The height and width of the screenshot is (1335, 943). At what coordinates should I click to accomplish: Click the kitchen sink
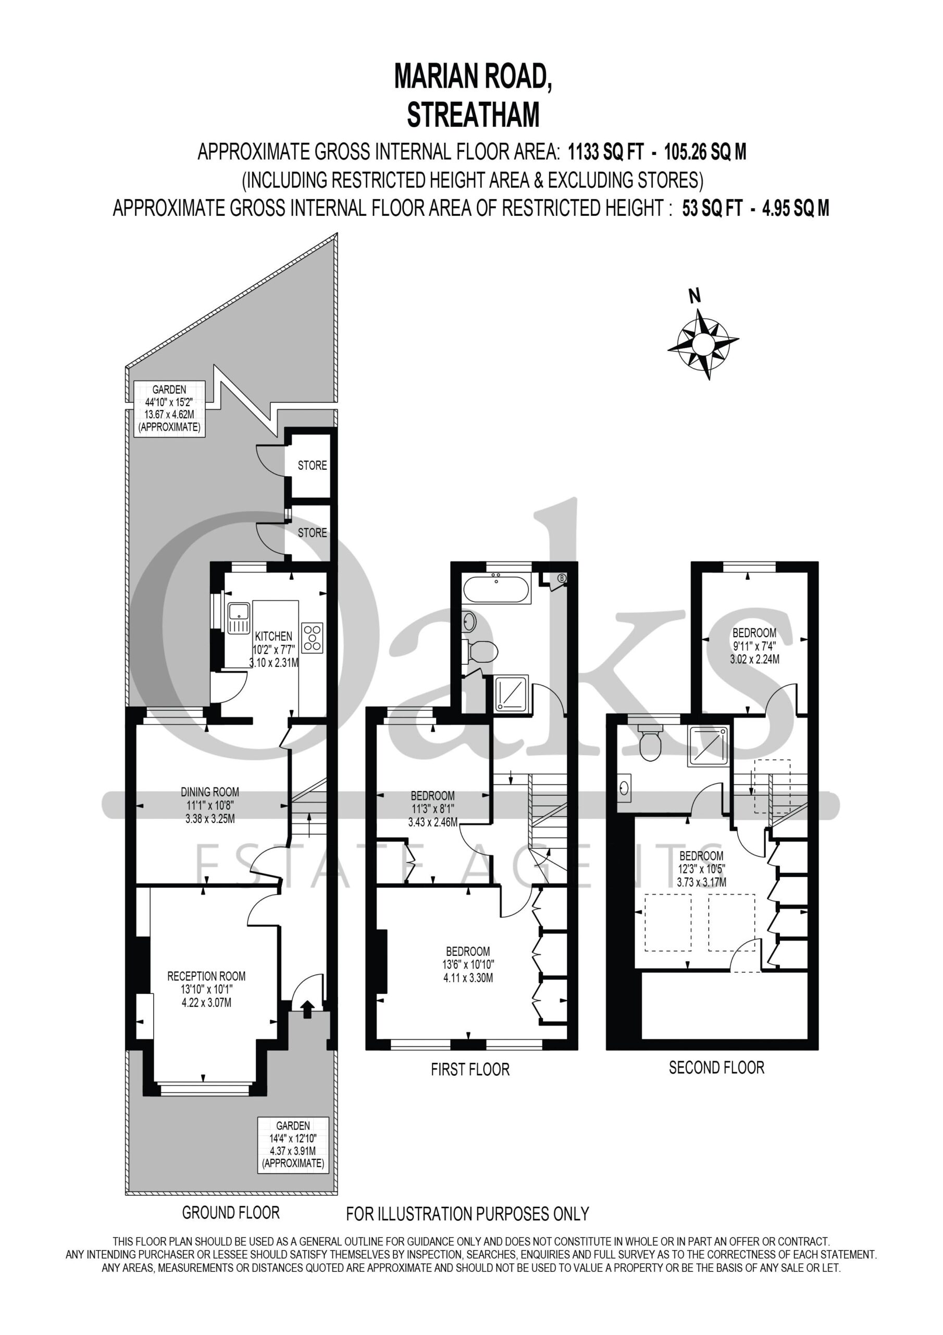tap(238, 617)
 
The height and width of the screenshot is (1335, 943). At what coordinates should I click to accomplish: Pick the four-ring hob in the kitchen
tap(313, 637)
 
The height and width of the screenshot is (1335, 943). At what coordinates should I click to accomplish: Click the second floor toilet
tap(650, 743)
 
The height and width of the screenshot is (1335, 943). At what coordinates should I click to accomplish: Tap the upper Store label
tap(313, 465)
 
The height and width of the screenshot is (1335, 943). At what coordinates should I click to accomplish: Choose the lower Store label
tap(313, 532)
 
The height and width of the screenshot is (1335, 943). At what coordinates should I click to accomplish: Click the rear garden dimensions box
tap(169, 408)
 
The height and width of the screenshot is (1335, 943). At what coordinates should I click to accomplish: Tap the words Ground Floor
tap(231, 1213)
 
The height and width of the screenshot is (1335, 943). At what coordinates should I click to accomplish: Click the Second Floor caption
tap(716, 1067)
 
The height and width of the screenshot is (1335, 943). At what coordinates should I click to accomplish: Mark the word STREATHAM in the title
tap(473, 115)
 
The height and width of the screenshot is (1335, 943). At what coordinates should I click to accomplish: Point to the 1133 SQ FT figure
tap(606, 152)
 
